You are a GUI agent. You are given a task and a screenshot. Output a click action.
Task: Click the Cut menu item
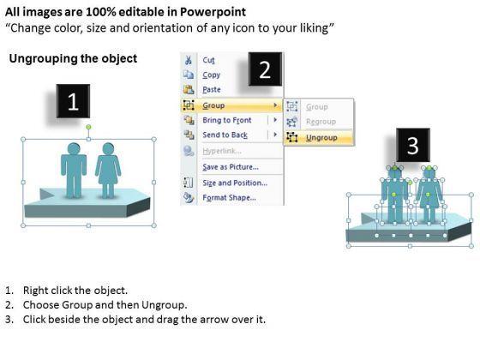click(x=208, y=60)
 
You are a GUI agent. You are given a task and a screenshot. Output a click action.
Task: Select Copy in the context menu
click(x=211, y=75)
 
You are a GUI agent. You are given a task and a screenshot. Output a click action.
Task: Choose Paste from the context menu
click(x=212, y=90)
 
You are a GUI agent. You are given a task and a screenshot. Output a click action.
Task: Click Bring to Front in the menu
click(x=227, y=120)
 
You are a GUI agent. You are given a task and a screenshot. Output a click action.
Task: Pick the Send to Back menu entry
click(x=225, y=135)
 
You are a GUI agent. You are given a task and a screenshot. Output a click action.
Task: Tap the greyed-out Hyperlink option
click(x=222, y=151)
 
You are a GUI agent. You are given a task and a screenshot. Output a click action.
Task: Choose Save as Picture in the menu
click(x=231, y=167)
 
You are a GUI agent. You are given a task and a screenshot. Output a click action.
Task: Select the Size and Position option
click(x=235, y=183)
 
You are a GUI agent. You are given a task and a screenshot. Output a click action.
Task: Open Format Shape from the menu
click(x=230, y=197)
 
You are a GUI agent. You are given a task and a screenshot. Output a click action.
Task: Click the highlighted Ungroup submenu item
click(x=321, y=138)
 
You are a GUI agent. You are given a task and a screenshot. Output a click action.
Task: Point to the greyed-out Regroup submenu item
click(x=321, y=122)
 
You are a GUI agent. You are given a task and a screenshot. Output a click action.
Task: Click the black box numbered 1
click(x=73, y=101)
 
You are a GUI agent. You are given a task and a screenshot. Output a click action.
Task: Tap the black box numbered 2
click(x=265, y=69)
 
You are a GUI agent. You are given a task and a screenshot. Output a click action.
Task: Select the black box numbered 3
click(x=413, y=145)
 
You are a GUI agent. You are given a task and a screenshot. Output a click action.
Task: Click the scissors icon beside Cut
click(x=189, y=60)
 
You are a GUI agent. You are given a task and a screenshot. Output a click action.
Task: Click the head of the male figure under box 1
click(x=74, y=148)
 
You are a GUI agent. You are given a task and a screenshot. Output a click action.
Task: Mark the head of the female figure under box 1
click(x=108, y=148)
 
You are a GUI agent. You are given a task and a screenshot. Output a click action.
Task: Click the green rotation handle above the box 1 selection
click(x=88, y=127)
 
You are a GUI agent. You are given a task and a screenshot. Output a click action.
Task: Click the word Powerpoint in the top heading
click(x=213, y=12)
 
